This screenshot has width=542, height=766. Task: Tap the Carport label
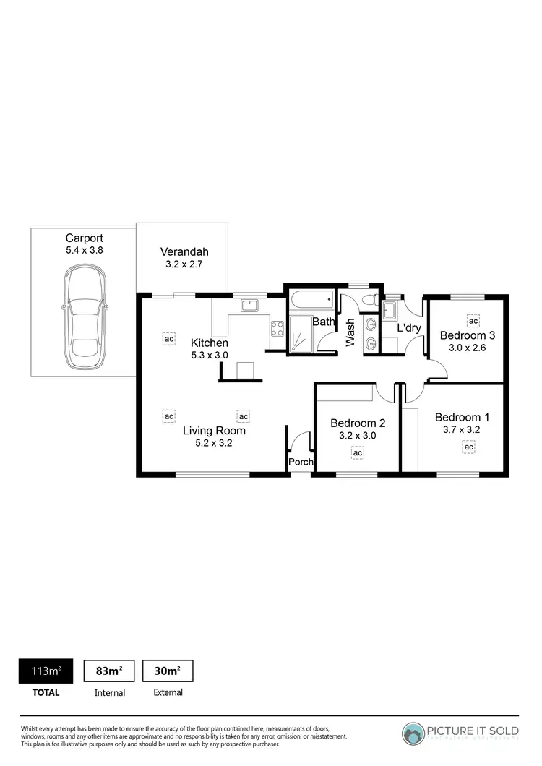[84, 238]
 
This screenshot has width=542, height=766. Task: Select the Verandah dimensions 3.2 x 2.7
[184, 265]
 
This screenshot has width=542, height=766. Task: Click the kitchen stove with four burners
[277, 329]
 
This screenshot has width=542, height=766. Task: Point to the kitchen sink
[250, 305]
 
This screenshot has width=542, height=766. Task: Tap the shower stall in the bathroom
[302, 335]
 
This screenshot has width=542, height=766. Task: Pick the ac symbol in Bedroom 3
[473, 321]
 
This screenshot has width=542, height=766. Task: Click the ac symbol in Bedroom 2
[357, 453]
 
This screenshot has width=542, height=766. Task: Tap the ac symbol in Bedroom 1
[468, 447]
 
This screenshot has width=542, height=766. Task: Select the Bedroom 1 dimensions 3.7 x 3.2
[462, 430]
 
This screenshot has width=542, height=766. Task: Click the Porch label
[300, 462]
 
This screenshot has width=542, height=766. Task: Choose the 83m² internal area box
[109, 671]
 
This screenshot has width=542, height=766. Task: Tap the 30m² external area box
[168, 671]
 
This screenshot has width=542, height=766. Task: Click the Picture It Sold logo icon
[414, 734]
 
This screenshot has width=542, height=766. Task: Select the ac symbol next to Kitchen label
[169, 338]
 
